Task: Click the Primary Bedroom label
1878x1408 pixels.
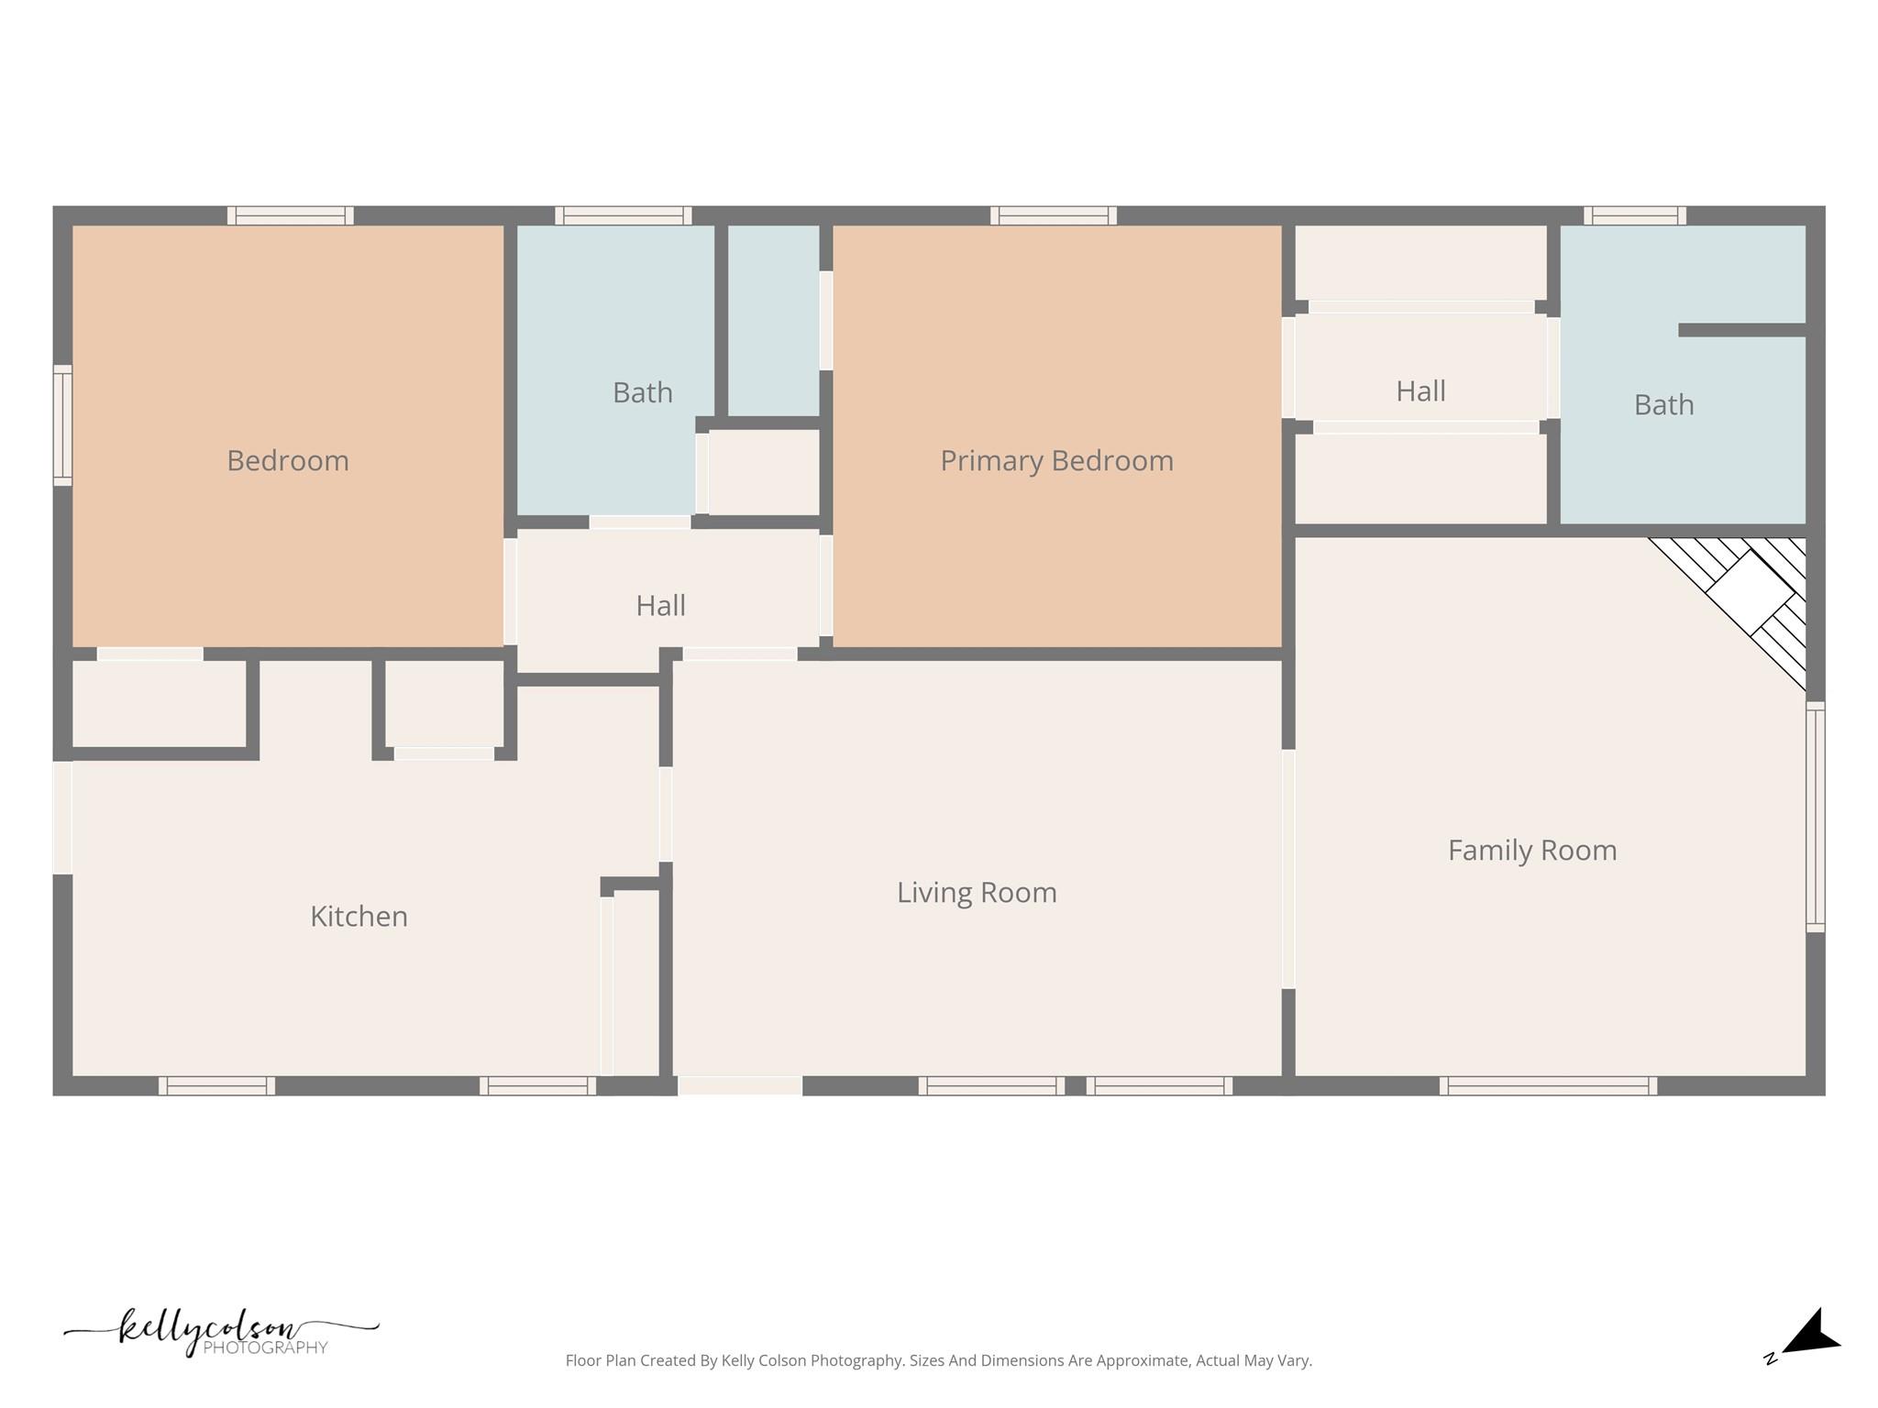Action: (x=1056, y=460)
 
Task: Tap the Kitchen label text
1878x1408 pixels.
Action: (x=359, y=916)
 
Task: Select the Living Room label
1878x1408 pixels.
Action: (x=977, y=892)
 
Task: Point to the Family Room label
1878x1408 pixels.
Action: (x=1531, y=850)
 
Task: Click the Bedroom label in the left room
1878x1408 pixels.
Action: (x=288, y=460)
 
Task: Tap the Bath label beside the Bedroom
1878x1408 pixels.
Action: (x=642, y=392)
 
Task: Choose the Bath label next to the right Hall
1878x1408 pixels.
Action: (x=1663, y=404)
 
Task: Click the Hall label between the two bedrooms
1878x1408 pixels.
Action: (x=660, y=605)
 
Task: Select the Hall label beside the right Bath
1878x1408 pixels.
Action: (x=1420, y=391)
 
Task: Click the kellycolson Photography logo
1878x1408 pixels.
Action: (x=220, y=1331)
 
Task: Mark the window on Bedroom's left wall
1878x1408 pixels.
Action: (x=62, y=424)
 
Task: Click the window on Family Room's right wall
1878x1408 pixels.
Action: (x=1815, y=817)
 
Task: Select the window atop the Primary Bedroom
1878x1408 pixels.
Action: (x=1053, y=215)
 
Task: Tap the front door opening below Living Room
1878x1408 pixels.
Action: (x=739, y=1085)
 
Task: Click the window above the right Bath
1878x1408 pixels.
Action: (x=1634, y=215)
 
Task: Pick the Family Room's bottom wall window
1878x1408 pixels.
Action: (x=1548, y=1085)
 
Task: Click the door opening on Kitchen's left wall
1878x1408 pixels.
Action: (x=62, y=817)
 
